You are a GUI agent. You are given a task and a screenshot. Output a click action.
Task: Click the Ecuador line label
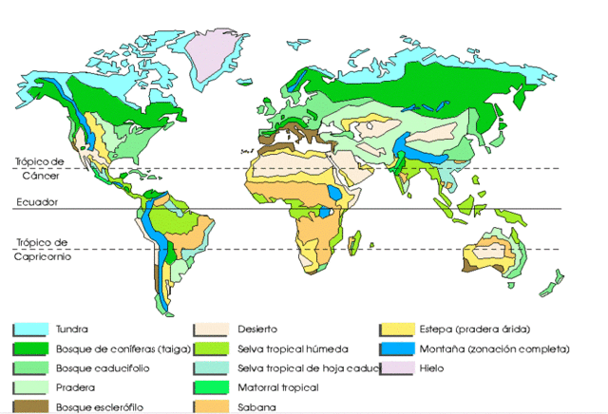[35, 201]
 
